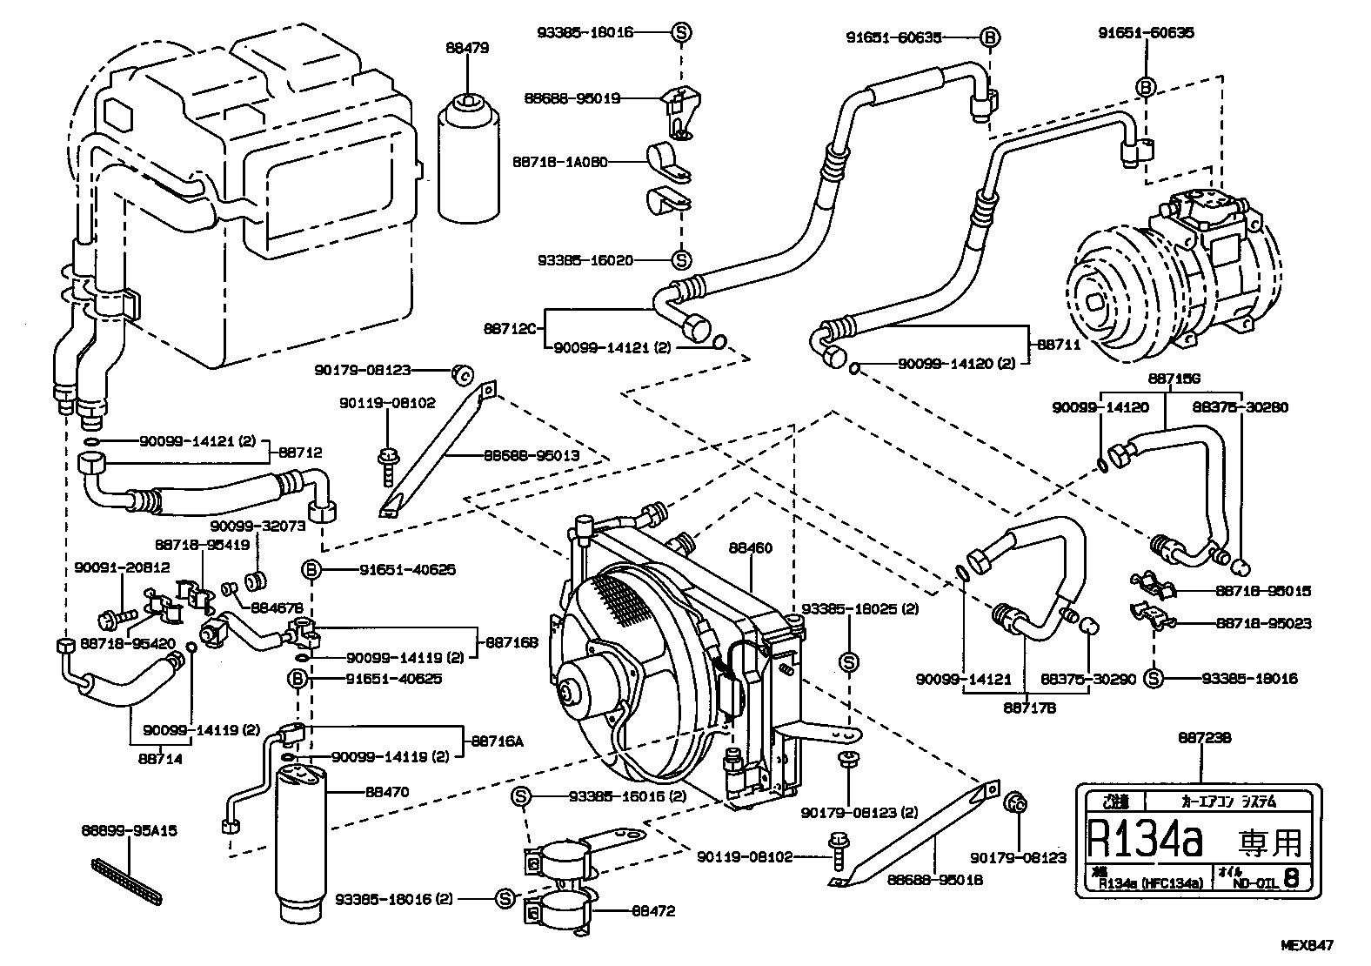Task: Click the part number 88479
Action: click(467, 49)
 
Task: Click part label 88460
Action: click(750, 548)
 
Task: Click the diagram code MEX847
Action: click(1307, 944)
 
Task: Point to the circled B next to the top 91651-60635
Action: click(989, 37)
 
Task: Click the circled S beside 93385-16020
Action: click(682, 260)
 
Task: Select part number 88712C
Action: click(513, 329)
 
